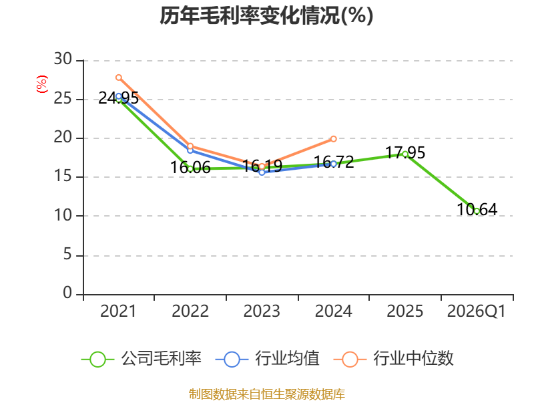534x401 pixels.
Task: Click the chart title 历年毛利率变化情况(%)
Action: (266, 15)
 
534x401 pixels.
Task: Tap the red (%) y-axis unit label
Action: (42, 84)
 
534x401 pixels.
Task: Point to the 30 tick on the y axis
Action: (63, 59)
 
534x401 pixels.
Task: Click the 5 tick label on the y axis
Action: (67, 255)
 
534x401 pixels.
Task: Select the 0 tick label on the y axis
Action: (67, 293)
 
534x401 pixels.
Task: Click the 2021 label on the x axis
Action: (118, 311)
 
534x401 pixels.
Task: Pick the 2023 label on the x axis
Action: (262, 311)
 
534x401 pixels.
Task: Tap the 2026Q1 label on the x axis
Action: (477, 311)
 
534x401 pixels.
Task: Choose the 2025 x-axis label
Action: (405, 311)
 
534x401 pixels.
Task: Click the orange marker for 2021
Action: (119, 78)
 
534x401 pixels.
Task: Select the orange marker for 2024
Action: (333, 139)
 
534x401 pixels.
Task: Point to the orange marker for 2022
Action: (190, 146)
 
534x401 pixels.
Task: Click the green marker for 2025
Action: (405, 154)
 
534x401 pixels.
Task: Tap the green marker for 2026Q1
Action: (477, 211)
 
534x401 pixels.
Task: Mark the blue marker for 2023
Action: (262, 172)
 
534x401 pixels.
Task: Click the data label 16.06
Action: (190, 168)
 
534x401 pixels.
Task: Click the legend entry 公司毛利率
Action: (141, 359)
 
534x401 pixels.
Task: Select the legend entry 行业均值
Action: (268, 359)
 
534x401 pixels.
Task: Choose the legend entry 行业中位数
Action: (394, 359)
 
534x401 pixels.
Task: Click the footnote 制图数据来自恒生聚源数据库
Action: (266, 394)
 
